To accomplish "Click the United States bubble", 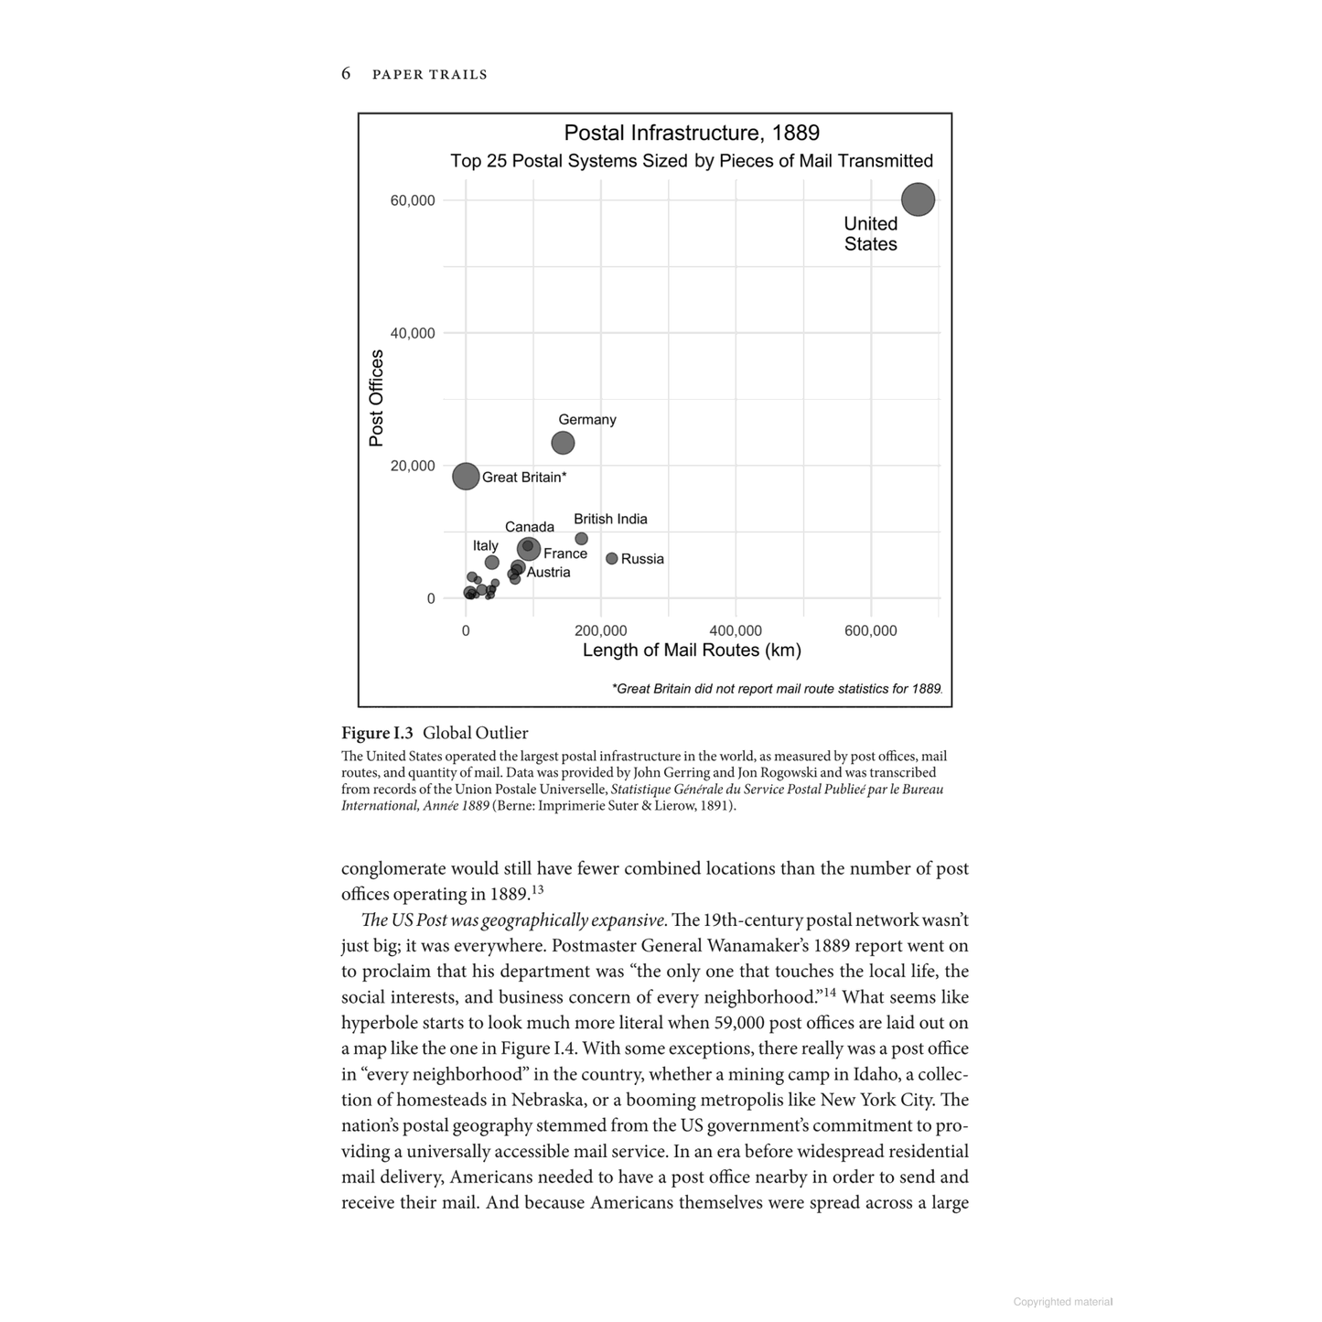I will tap(918, 199).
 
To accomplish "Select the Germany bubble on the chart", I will tap(563, 443).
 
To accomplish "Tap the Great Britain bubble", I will tap(466, 476).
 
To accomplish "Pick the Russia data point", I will tap(612, 558).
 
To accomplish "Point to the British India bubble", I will tap(581, 539).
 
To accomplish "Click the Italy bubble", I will tap(492, 563).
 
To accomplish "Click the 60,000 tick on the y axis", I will tap(413, 200).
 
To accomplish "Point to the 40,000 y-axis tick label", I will tap(413, 333).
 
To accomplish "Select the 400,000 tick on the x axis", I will tap(736, 630).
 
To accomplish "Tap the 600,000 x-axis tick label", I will tap(871, 630).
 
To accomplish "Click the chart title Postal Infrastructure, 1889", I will tap(692, 133).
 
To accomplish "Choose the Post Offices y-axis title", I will tap(376, 398).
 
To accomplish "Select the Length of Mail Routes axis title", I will tap(692, 650).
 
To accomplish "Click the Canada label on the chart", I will tap(530, 527).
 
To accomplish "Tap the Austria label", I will tap(548, 573).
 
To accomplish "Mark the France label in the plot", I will tap(565, 554).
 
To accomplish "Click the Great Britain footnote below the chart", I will tap(777, 689).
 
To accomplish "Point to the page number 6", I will tap(346, 73).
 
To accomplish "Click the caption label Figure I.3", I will tap(377, 733).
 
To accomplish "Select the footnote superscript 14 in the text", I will tap(832, 992).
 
